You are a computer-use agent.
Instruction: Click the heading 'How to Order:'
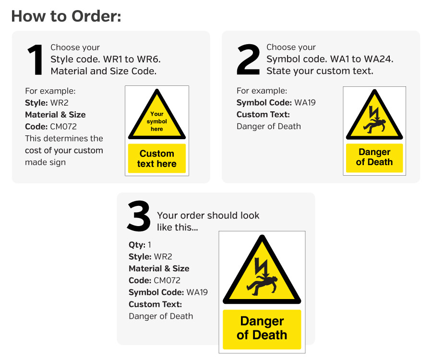(66, 16)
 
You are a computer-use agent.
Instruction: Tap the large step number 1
(35, 60)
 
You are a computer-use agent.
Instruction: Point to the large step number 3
(139, 216)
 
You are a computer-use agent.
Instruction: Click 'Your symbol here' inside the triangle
(157, 121)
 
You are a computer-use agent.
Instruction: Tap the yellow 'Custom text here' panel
(157, 158)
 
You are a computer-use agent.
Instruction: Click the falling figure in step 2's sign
(374, 126)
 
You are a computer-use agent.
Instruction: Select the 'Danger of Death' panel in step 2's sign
(374, 158)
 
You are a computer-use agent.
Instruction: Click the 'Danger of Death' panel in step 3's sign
(262, 329)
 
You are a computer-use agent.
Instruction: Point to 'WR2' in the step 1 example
(59, 103)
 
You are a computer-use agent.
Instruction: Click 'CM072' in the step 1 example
(63, 126)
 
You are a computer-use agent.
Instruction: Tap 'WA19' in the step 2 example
(305, 102)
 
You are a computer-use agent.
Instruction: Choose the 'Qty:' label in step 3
(137, 245)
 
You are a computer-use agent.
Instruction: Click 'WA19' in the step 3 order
(197, 292)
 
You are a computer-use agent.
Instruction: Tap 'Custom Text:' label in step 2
(263, 114)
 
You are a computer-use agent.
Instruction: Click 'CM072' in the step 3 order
(167, 280)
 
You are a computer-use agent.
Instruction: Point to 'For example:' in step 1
(50, 91)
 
